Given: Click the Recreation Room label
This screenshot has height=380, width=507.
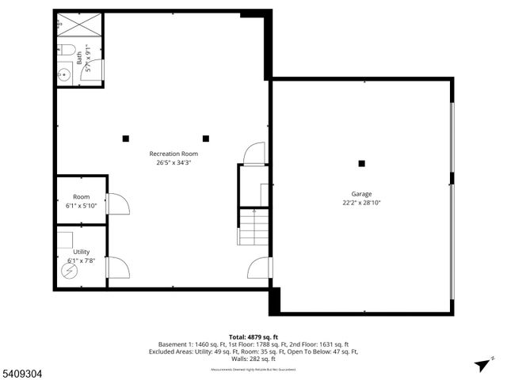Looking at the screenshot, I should click(x=173, y=154).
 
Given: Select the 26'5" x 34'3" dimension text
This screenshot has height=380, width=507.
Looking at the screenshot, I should click(x=173, y=163).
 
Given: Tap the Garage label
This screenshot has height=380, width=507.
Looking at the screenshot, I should click(x=361, y=194).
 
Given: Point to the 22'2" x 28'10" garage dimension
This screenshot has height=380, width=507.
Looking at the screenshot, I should click(x=361, y=203).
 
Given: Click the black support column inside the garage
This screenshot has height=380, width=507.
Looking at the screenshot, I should click(x=361, y=164).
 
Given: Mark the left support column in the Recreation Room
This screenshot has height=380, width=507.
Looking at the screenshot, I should click(x=125, y=139).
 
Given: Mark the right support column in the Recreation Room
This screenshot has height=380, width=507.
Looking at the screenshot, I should click(x=206, y=139).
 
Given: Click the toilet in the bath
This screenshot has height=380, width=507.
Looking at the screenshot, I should click(x=67, y=52).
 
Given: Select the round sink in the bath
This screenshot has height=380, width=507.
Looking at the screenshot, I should click(x=64, y=76).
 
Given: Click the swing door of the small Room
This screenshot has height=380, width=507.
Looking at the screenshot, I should click(x=116, y=204).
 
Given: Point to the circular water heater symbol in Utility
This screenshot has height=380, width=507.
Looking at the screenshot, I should click(x=68, y=271).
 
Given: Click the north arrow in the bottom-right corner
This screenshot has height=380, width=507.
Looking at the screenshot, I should click(x=480, y=364).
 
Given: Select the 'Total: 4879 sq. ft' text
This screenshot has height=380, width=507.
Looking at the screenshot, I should click(x=253, y=336).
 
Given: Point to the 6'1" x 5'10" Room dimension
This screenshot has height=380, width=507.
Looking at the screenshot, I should click(x=81, y=206).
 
